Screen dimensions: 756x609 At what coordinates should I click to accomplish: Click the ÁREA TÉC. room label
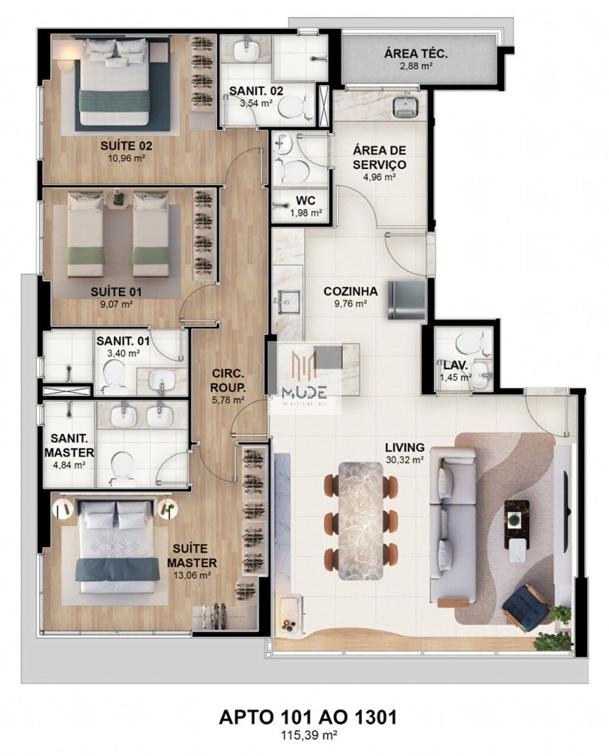pos(415,53)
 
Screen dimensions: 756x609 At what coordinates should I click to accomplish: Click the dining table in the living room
pos(363,519)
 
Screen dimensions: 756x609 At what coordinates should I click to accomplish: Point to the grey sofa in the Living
pos(452,528)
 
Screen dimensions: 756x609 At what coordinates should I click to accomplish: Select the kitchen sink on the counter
pos(287,302)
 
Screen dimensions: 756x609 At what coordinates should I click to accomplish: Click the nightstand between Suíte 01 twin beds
pos(118,198)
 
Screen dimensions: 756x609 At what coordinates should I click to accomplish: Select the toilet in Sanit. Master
pos(120,467)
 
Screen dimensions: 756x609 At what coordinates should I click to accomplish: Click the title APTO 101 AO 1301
pos(304,717)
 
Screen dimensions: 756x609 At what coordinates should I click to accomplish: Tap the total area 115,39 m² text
pos(304,735)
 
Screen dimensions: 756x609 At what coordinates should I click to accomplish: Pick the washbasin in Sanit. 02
pos(246,52)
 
